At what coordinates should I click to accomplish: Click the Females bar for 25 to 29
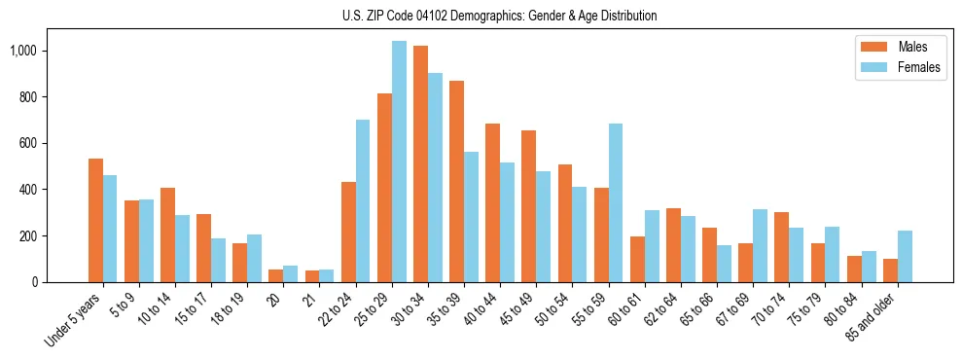point(399,162)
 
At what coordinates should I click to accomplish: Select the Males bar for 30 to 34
point(420,163)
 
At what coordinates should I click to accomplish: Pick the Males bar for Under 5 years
point(95,220)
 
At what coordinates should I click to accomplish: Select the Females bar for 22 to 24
point(363,200)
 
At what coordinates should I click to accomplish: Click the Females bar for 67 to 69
point(760,245)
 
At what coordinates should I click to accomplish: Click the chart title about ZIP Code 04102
point(499,16)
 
